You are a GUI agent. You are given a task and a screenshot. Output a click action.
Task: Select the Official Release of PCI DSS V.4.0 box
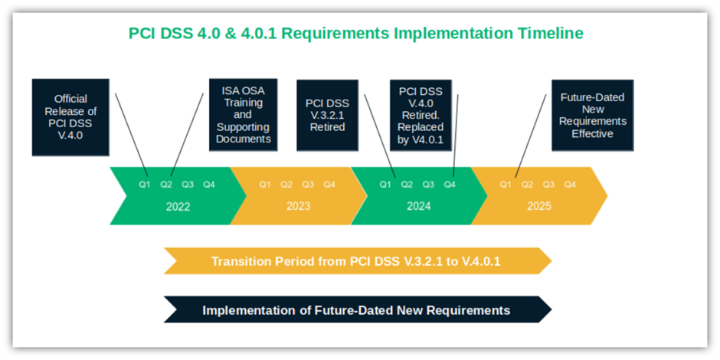[70, 117]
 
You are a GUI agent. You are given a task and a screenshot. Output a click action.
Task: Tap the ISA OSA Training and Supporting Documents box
[243, 114]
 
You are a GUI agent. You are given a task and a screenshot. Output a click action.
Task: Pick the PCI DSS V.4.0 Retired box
[420, 115]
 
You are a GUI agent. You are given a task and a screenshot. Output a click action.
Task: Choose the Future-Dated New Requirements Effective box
[592, 115]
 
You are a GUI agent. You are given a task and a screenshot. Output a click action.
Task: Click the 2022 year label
[178, 207]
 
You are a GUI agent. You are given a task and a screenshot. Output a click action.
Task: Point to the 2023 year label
[298, 207]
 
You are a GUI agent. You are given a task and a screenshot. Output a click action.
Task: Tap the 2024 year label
[418, 207]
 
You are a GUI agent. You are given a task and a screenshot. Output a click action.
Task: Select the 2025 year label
[538, 207]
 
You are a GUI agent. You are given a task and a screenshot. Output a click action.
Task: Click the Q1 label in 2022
[145, 185]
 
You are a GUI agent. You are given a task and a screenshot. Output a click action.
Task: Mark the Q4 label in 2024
[450, 185]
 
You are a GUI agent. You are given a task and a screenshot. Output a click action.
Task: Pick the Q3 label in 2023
[308, 185]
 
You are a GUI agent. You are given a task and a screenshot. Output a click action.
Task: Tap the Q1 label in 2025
[506, 185]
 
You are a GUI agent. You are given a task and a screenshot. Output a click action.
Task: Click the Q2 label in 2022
[166, 185]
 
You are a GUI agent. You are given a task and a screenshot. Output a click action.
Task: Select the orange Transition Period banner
[356, 261]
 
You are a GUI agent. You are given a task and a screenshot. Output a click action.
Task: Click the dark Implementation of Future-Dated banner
[356, 310]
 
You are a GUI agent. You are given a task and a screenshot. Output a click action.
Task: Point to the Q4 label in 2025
[570, 185]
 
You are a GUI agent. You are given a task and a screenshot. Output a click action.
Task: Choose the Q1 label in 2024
[385, 185]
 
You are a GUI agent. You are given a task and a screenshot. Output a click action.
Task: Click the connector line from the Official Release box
[131, 134]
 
